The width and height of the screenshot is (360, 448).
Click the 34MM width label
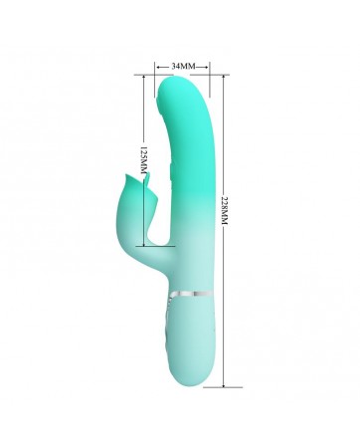[182, 67]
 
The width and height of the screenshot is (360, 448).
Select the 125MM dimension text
[143, 159]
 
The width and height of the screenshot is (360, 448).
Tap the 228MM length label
[224, 210]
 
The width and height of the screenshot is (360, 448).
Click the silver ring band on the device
[193, 294]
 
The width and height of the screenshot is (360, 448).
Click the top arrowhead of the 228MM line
[224, 77]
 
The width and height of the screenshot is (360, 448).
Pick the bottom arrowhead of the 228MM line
[224, 384]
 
